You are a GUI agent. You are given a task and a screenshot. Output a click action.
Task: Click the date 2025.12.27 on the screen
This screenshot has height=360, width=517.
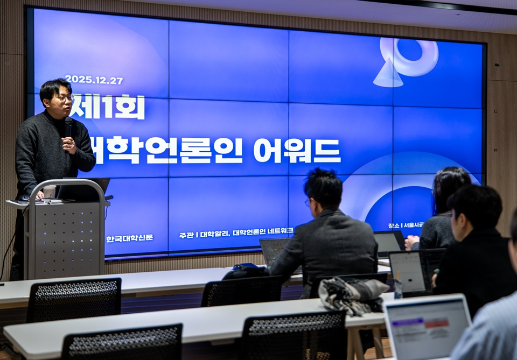pyautogui.click(x=94, y=80)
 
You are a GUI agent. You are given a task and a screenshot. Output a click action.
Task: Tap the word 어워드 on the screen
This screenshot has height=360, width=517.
pyautogui.click(x=297, y=151)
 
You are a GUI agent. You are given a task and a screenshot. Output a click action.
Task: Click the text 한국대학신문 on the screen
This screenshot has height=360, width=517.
pyautogui.click(x=129, y=238)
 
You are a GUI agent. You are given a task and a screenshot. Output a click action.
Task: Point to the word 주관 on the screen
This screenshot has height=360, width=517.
pyautogui.click(x=186, y=235)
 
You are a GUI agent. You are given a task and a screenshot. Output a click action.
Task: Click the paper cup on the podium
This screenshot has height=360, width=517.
pyautogui.click(x=50, y=192)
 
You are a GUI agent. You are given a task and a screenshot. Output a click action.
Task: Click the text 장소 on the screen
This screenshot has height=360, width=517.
pyautogui.click(x=393, y=226)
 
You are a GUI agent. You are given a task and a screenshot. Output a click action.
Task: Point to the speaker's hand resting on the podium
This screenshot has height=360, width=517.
pyautogui.click(x=39, y=195)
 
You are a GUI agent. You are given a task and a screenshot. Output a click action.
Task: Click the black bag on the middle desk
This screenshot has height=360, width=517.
pyautogui.click(x=246, y=271)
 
